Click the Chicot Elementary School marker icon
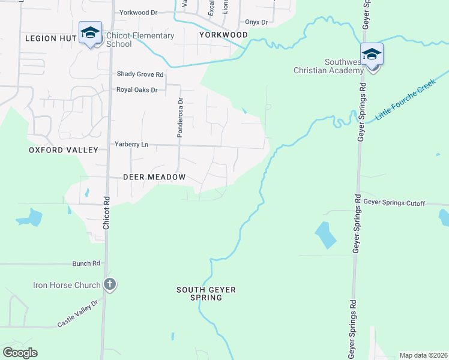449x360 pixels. click(90, 34)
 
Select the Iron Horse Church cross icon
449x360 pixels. click(109, 284)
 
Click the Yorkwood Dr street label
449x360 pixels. click(138, 12)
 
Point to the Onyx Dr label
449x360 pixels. click(256, 22)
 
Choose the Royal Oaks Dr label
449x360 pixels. click(137, 90)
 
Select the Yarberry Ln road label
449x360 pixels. click(131, 145)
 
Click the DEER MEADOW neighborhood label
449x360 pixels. click(154, 178)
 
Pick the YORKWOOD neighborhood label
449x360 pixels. click(223, 35)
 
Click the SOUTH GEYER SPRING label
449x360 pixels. click(206, 293)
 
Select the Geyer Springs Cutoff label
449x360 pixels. click(394, 203)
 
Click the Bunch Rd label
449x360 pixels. click(86, 263)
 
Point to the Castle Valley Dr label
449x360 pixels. click(77, 314)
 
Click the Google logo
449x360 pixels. click(20, 353)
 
